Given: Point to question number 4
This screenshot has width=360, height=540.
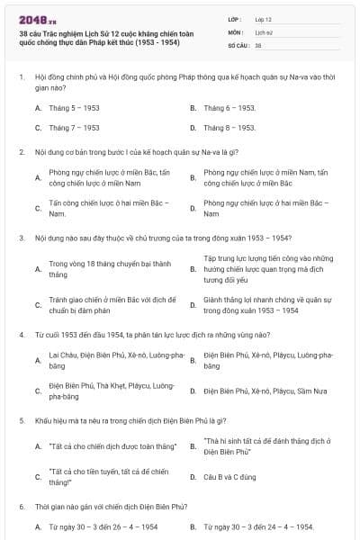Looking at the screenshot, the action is click(x=21, y=334).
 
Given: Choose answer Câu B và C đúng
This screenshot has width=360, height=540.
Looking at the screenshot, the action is click(x=230, y=475).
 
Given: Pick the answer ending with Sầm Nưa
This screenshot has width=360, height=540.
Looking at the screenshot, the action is click(x=263, y=391).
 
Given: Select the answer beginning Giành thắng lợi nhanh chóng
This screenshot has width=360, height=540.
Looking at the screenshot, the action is click(x=262, y=305).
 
